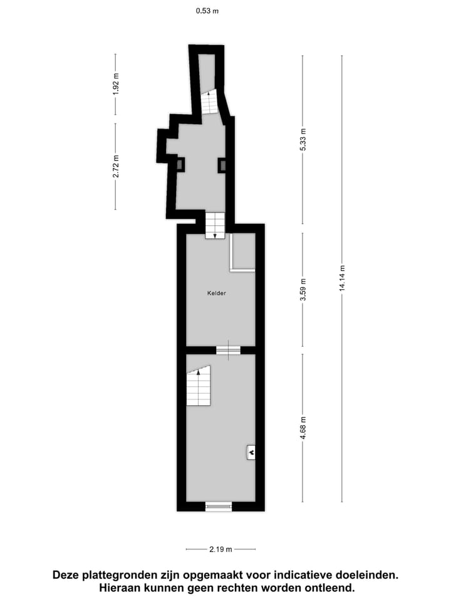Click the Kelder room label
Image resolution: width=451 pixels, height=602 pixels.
(x=217, y=293)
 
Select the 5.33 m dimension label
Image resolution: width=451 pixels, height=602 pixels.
(x=303, y=139)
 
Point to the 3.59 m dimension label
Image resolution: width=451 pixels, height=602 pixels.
(x=303, y=290)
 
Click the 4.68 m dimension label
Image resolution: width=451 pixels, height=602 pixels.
(x=303, y=428)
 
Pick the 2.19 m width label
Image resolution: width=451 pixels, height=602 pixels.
(x=220, y=549)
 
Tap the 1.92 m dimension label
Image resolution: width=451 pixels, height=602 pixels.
(x=116, y=84)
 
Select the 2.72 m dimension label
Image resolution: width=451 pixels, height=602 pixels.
(x=116, y=166)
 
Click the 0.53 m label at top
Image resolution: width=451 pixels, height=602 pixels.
(x=207, y=11)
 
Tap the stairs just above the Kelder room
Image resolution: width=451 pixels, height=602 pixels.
(x=215, y=224)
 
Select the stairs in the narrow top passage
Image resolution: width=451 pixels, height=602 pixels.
(x=210, y=102)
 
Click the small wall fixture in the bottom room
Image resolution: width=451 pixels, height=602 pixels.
(x=251, y=451)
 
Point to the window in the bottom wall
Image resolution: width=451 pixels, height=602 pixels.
(x=218, y=506)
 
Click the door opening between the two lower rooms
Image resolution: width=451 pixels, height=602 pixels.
(x=228, y=350)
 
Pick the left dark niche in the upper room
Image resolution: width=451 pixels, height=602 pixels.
(x=180, y=165)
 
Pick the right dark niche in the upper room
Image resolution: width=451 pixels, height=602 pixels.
(x=222, y=165)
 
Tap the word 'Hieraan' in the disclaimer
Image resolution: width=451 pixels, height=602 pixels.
(x=120, y=588)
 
